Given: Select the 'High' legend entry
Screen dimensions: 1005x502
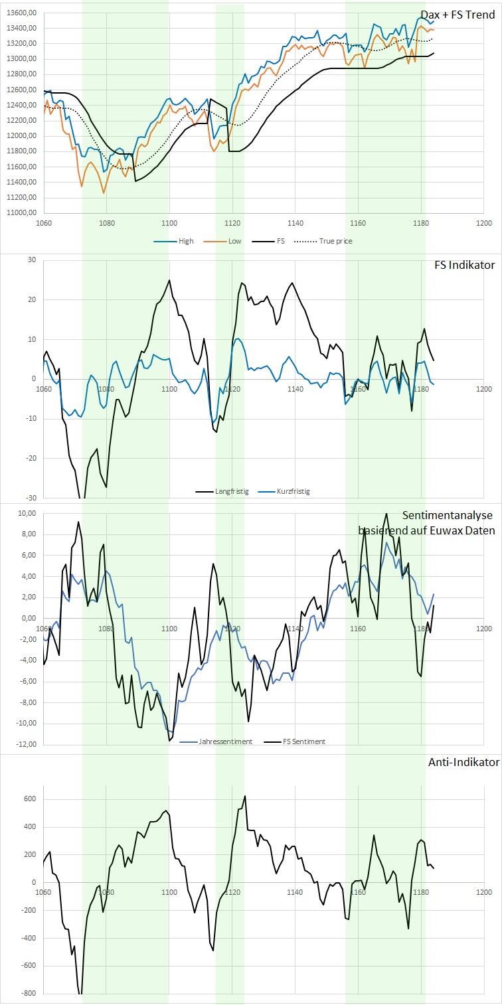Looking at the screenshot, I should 185,241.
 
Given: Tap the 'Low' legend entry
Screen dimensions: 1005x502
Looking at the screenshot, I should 234,241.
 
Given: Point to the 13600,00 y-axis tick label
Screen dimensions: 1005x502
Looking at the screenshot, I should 20,13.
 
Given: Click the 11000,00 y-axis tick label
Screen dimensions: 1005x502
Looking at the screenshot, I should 20,213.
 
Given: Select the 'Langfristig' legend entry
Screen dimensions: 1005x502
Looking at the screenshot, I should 231,492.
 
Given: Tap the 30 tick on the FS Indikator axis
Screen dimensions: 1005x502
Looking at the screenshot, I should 31,260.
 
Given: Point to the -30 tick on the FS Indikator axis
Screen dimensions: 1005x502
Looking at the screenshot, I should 29,498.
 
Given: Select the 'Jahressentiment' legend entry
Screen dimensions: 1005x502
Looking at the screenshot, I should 225,741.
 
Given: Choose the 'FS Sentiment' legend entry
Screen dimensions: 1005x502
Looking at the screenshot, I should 303,741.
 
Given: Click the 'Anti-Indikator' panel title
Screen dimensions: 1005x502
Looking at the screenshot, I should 463,763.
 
